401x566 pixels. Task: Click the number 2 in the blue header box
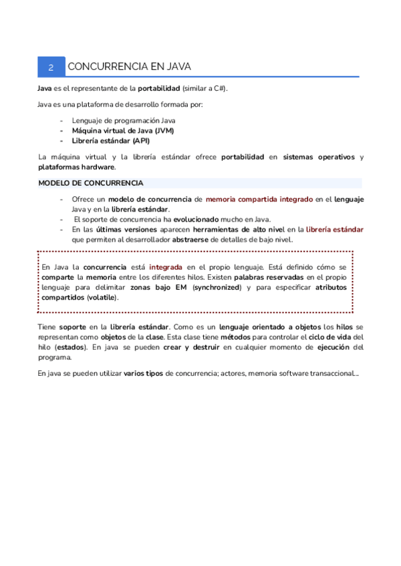(51, 67)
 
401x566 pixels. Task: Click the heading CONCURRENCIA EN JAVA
(130, 67)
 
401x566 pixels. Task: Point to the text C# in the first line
(219, 88)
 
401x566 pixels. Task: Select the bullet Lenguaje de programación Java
(124, 120)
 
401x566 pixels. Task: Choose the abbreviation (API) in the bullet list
(141, 141)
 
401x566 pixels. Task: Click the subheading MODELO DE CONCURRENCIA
(90, 183)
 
